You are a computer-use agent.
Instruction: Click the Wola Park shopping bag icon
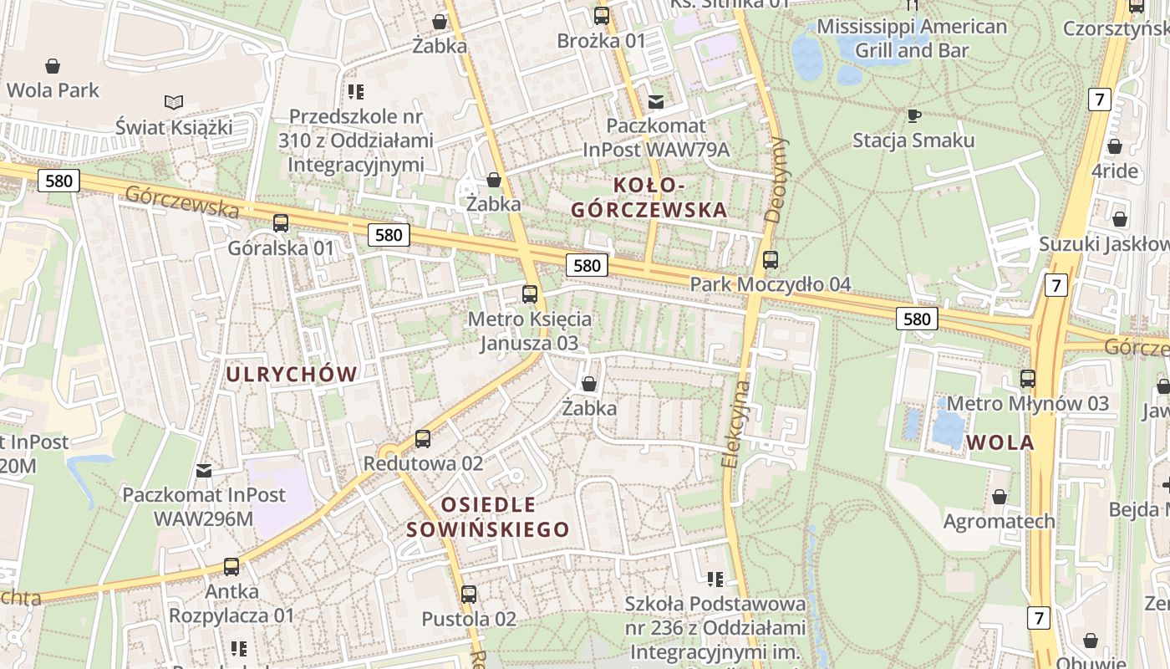[53, 66]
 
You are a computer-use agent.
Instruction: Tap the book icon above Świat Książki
[174, 103]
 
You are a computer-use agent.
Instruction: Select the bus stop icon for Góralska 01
[281, 223]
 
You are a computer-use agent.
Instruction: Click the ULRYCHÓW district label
[292, 375]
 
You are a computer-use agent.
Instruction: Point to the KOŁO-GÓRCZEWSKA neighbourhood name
[649, 197]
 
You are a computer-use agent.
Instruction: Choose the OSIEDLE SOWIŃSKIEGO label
[488, 517]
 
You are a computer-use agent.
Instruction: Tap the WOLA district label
[1001, 442]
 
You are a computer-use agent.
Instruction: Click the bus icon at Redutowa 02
[423, 439]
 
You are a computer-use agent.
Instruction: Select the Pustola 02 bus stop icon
[469, 595]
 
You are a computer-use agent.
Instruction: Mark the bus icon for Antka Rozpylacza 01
[231, 567]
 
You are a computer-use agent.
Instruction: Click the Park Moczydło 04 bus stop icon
[771, 260]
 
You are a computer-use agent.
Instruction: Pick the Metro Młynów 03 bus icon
[1028, 379]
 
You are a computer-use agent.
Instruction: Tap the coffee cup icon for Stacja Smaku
[913, 115]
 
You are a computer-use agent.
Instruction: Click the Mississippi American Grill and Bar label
[912, 38]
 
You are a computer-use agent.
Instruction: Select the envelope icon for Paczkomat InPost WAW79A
[656, 102]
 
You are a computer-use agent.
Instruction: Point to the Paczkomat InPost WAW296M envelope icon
[204, 471]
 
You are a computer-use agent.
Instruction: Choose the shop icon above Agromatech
[1000, 498]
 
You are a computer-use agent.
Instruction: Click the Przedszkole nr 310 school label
[356, 140]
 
